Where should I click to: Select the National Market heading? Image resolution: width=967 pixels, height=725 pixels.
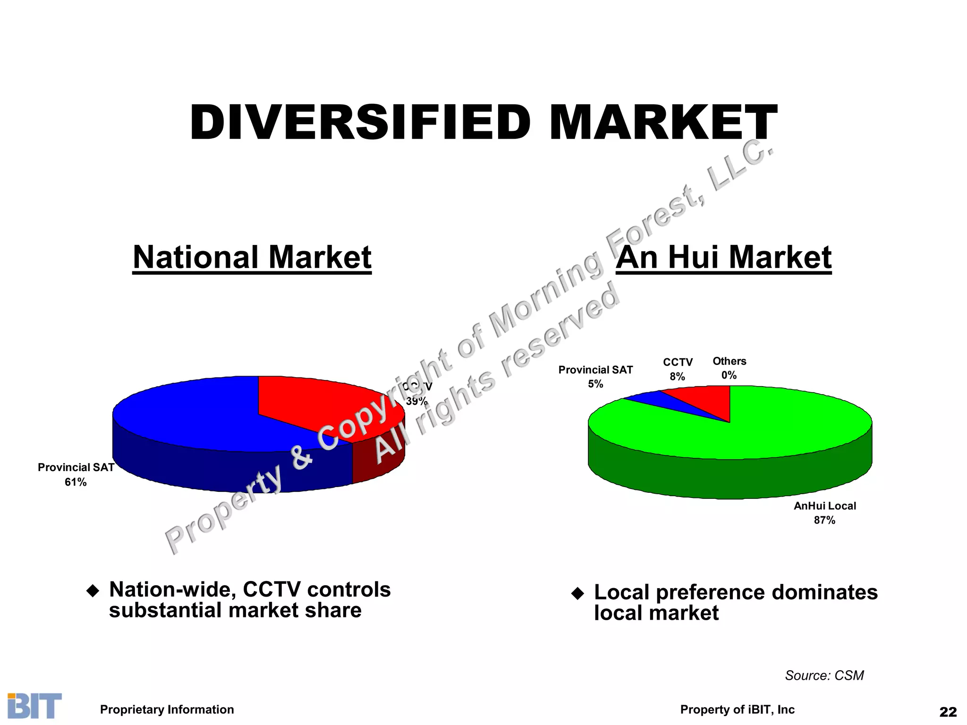click(x=252, y=257)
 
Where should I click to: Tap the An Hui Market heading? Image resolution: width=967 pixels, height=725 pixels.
click(x=723, y=257)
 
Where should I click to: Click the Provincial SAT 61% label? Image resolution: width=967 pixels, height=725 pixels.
click(x=76, y=474)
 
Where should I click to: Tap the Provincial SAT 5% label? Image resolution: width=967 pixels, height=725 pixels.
click(x=595, y=377)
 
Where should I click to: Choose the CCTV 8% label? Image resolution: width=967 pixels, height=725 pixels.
click(x=678, y=369)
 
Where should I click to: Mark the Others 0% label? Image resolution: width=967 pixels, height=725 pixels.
click(x=729, y=368)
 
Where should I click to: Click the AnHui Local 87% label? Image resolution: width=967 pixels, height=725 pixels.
click(x=824, y=513)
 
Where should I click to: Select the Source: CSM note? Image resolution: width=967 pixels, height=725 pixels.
click(x=824, y=675)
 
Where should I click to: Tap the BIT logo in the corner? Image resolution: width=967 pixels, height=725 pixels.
click(x=34, y=706)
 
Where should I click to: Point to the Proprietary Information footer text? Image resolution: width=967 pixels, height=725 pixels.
click(x=167, y=709)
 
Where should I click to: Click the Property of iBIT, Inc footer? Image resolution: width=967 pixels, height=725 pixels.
click(x=737, y=709)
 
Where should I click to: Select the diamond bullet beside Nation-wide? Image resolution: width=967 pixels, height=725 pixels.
click(x=93, y=591)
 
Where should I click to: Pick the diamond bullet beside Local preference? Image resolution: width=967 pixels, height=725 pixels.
click(x=577, y=593)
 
